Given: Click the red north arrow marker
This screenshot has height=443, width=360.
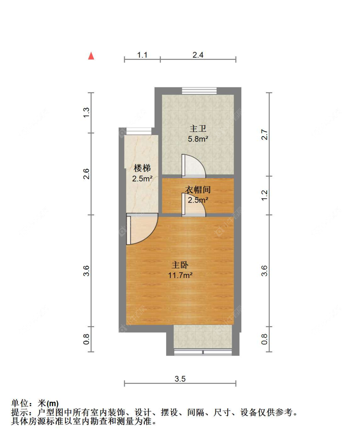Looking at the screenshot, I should pyautogui.click(x=91, y=56).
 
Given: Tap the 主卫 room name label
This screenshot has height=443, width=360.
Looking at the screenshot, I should pyautogui.click(x=198, y=129).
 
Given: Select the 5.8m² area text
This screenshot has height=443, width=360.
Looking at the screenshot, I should pyautogui.click(x=198, y=139).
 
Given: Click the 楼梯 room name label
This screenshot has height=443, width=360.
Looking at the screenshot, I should pyautogui.click(x=142, y=168).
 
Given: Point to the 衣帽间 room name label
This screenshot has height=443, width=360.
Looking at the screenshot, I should pyautogui.click(x=198, y=190).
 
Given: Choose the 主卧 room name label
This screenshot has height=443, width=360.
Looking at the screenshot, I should pyautogui.click(x=180, y=265).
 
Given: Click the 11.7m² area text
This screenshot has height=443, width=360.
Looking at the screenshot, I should pyautogui.click(x=180, y=275).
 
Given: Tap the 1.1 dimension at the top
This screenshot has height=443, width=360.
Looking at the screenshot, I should pyautogui.click(x=142, y=55).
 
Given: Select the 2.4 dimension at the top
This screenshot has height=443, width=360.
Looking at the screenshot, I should pyautogui.click(x=198, y=55).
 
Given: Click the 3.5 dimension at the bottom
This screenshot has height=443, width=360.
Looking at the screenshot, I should pyautogui.click(x=180, y=379).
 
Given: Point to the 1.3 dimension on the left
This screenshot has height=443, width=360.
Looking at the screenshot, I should pyautogui.click(x=86, y=113).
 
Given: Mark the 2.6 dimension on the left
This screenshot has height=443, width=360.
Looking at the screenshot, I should pyautogui.click(x=86, y=174).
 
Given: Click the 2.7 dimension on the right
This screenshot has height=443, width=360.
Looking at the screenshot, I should pyautogui.click(x=264, y=134).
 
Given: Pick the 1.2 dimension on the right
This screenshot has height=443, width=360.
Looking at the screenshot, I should pyautogui.click(x=264, y=195).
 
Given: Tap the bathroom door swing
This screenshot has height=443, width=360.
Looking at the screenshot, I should pyautogui.click(x=194, y=166).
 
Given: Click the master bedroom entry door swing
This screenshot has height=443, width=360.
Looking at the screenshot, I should pyautogui.click(x=141, y=229).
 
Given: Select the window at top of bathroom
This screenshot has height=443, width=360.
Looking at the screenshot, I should pyautogui.click(x=199, y=91).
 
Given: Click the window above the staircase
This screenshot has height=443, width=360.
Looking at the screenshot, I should pyautogui.click(x=139, y=131).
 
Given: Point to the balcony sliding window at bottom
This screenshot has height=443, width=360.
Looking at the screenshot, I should pyautogui.click(x=203, y=352).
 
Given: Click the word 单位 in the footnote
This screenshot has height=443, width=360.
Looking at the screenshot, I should pyautogui.click(x=20, y=403).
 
